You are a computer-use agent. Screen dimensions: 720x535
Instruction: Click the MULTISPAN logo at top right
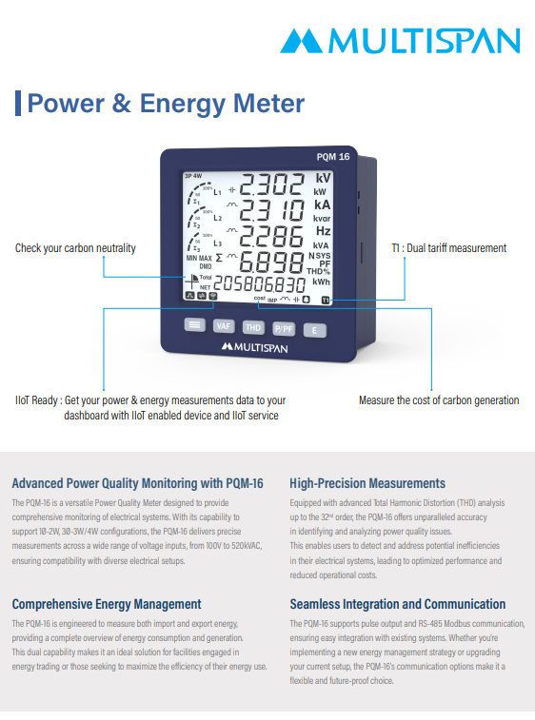click(400, 40)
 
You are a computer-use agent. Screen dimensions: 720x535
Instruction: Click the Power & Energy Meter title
click(166, 103)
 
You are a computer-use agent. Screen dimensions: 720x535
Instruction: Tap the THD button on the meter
click(252, 327)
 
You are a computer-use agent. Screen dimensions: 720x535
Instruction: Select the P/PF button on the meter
click(284, 328)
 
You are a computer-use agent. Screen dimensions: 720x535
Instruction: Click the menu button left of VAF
click(194, 325)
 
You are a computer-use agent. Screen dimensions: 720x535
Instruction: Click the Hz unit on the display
click(323, 231)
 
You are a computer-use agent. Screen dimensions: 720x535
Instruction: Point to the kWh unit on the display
click(322, 282)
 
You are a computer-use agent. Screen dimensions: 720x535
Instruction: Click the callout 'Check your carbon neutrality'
click(75, 248)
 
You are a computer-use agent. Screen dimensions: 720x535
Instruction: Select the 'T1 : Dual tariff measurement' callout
click(448, 248)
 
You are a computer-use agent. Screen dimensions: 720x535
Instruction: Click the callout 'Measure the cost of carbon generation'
click(439, 400)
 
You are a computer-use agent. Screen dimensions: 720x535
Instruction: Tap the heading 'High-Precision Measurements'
click(367, 483)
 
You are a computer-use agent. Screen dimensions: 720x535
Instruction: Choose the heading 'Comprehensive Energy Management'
click(107, 604)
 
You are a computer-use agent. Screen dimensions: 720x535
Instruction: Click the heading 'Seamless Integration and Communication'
click(398, 604)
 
